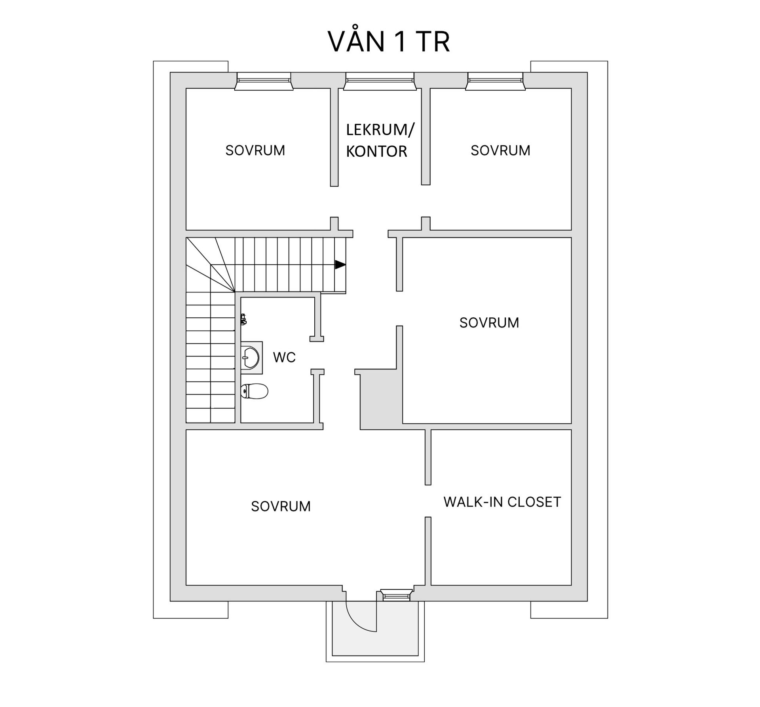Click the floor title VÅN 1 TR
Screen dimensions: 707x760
point(389,41)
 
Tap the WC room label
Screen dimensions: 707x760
point(284,357)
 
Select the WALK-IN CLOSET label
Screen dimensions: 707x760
point(502,502)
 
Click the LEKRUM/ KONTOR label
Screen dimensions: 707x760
point(379,140)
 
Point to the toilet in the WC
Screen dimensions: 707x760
point(255,391)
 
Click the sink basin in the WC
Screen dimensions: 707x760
point(251,358)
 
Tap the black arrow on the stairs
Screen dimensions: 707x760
point(340,265)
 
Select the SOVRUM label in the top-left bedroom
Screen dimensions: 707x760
point(255,150)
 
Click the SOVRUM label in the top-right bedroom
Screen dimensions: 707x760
point(500,150)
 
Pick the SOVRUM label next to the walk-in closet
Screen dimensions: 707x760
point(281,506)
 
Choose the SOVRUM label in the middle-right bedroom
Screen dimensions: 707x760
point(489,323)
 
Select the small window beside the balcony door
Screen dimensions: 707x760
point(396,595)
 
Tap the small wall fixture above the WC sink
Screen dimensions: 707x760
point(244,319)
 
